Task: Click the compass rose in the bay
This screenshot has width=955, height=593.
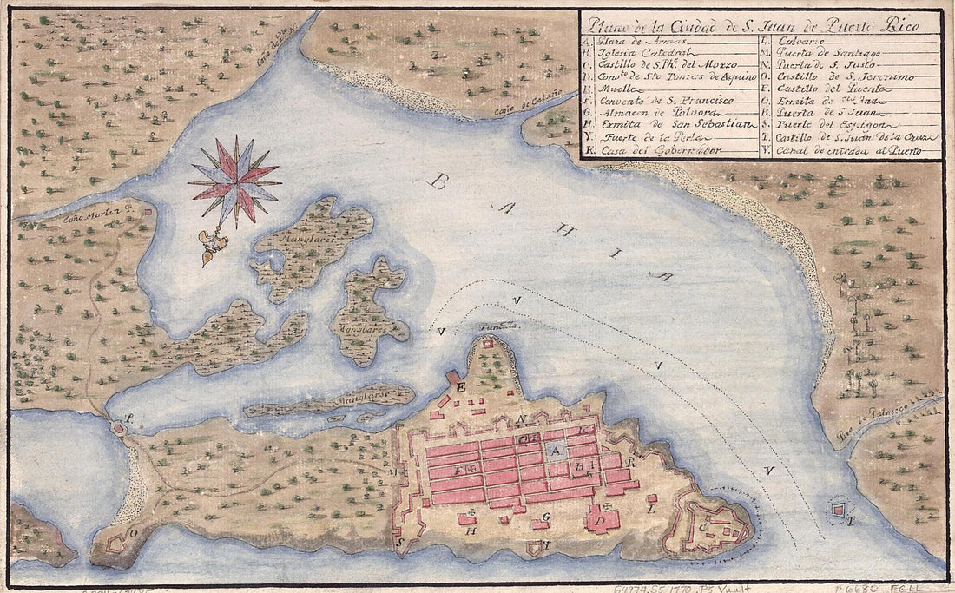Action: [234, 181]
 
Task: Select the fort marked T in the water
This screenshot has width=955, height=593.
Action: [839, 511]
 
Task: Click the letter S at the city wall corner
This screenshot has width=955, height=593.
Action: [400, 538]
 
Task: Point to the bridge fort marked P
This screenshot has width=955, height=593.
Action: [120, 427]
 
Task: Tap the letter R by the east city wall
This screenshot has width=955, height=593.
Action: [636, 464]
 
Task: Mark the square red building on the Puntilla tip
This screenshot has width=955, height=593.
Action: [489, 345]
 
